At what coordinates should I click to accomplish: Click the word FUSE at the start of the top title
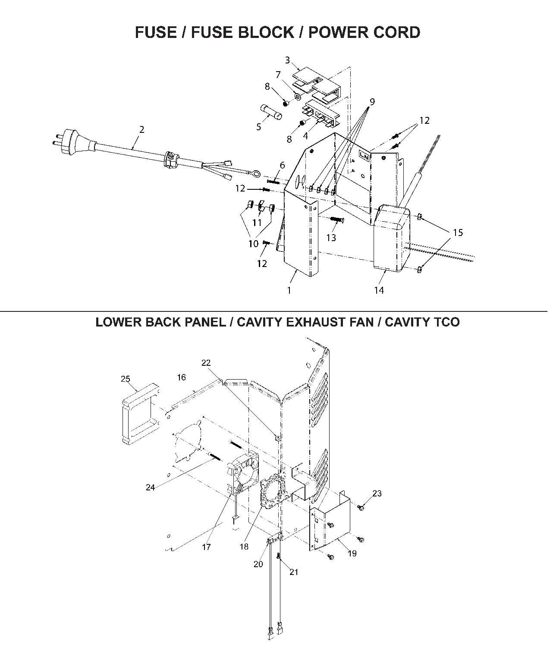(x=156, y=33)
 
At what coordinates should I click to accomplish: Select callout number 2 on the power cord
(x=141, y=129)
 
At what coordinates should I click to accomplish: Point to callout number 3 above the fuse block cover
(x=287, y=60)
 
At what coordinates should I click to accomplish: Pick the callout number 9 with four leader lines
(x=372, y=102)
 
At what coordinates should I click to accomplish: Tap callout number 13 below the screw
(x=331, y=238)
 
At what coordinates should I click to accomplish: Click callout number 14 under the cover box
(x=379, y=290)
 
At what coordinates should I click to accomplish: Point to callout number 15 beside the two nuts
(x=458, y=232)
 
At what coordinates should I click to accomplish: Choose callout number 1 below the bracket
(x=289, y=290)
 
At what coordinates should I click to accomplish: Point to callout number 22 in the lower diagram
(x=206, y=363)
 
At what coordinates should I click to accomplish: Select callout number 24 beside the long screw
(x=150, y=487)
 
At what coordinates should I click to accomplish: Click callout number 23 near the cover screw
(x=377, y=493)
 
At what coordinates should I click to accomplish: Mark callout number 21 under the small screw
(x=294, y=572)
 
